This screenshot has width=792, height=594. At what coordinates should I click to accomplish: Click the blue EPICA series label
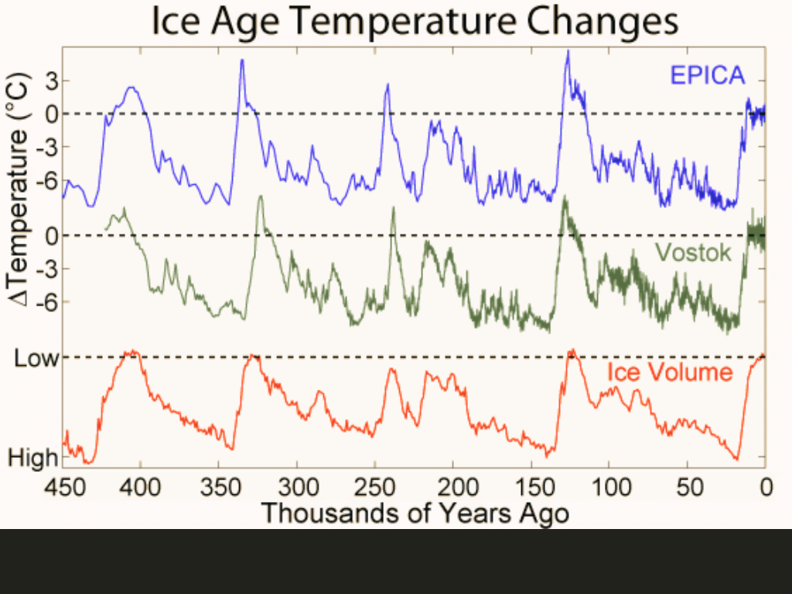(707, 75)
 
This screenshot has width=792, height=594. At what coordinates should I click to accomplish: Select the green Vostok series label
(692, 252)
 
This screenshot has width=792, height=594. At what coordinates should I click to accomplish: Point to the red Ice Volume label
(669, 372)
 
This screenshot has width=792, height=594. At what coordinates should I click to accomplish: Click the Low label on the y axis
(36, 357)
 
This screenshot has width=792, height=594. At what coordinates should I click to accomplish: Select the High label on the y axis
(33, 457)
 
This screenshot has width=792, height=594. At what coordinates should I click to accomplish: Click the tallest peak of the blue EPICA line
(568, 52)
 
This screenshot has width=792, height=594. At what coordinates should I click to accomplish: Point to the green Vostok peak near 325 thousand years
(261, 196)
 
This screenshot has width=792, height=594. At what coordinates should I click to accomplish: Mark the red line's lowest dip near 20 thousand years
(736, 459)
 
